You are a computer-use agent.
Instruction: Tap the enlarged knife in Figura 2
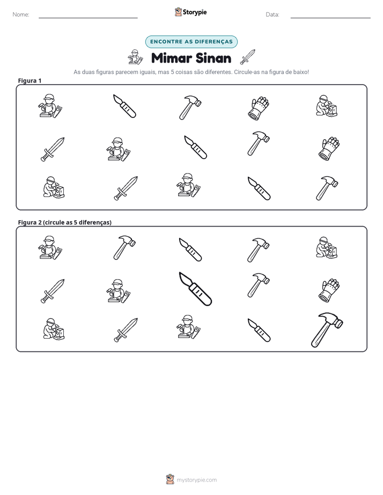[x=195, y=289]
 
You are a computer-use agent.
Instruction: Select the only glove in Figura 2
[x=329, y=290]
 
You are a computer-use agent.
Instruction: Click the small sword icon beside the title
[x=247, y=57]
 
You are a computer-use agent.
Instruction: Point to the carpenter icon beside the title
[x=135, y=57]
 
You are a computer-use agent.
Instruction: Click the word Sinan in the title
[x=213, y=58]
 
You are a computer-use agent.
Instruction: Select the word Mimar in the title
[x=171, y=58]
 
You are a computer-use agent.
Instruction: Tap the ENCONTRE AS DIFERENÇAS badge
[x=191, y=42]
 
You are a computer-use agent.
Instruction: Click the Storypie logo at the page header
[x=190, y=12]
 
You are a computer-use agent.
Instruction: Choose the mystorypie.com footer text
[x=196, y=480]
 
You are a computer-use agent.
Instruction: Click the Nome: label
[x=21, y=14]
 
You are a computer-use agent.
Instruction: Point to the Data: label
[x=272, y=14]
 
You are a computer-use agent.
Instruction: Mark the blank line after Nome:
[x=88, y=18]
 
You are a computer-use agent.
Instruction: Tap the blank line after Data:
[x=330, y=18]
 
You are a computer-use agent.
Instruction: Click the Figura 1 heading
[x=30, y=80]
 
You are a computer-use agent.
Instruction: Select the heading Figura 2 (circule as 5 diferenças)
[x=65, y=222]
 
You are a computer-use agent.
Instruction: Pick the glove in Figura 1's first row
[x=259, y=108]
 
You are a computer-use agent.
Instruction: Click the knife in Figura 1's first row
[x=124, y=106]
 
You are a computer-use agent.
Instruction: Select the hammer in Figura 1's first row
[x=190, y=108]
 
